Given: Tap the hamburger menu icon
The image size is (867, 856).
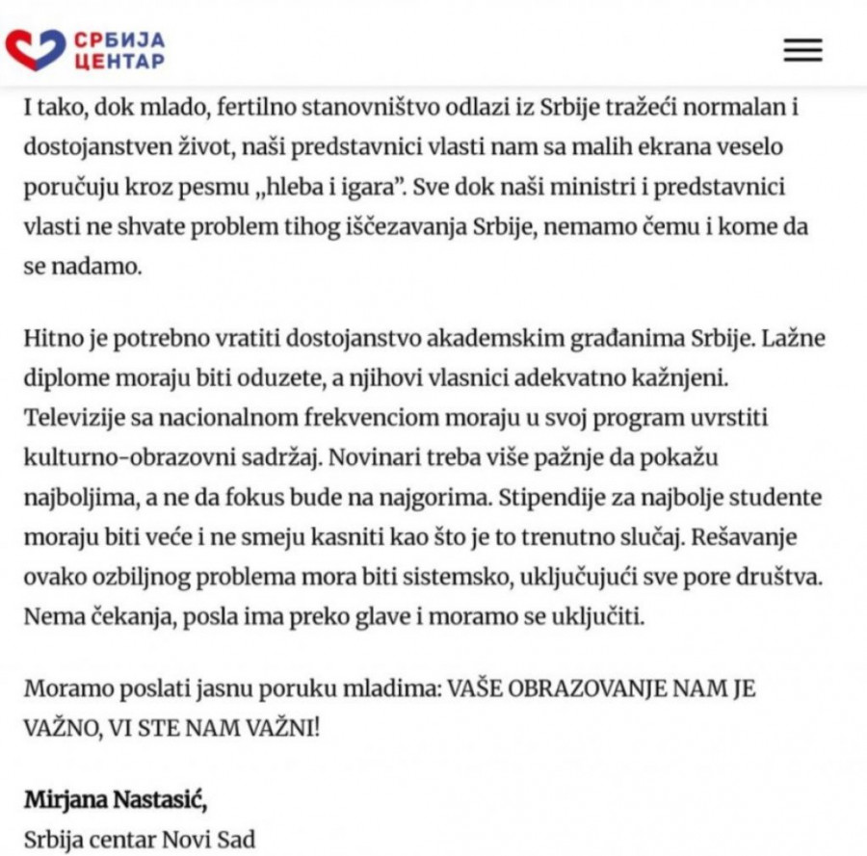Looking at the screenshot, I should [801, 50].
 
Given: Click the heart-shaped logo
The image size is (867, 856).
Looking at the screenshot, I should [35, 49].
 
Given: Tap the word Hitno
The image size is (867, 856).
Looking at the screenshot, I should [49, 340].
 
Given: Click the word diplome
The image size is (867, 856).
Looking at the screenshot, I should [61, 380].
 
